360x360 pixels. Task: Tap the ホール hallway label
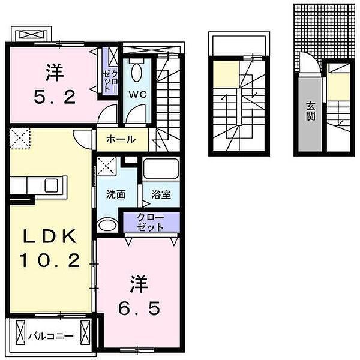[x=120, y=140]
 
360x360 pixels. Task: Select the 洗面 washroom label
[x=116, y=194]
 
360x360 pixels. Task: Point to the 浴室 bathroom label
[x=160, y=194]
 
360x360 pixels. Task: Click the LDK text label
[x=50, y=237]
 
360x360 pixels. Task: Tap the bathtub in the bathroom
[x=161, y=166]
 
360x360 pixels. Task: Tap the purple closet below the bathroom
[x=150, y=223]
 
